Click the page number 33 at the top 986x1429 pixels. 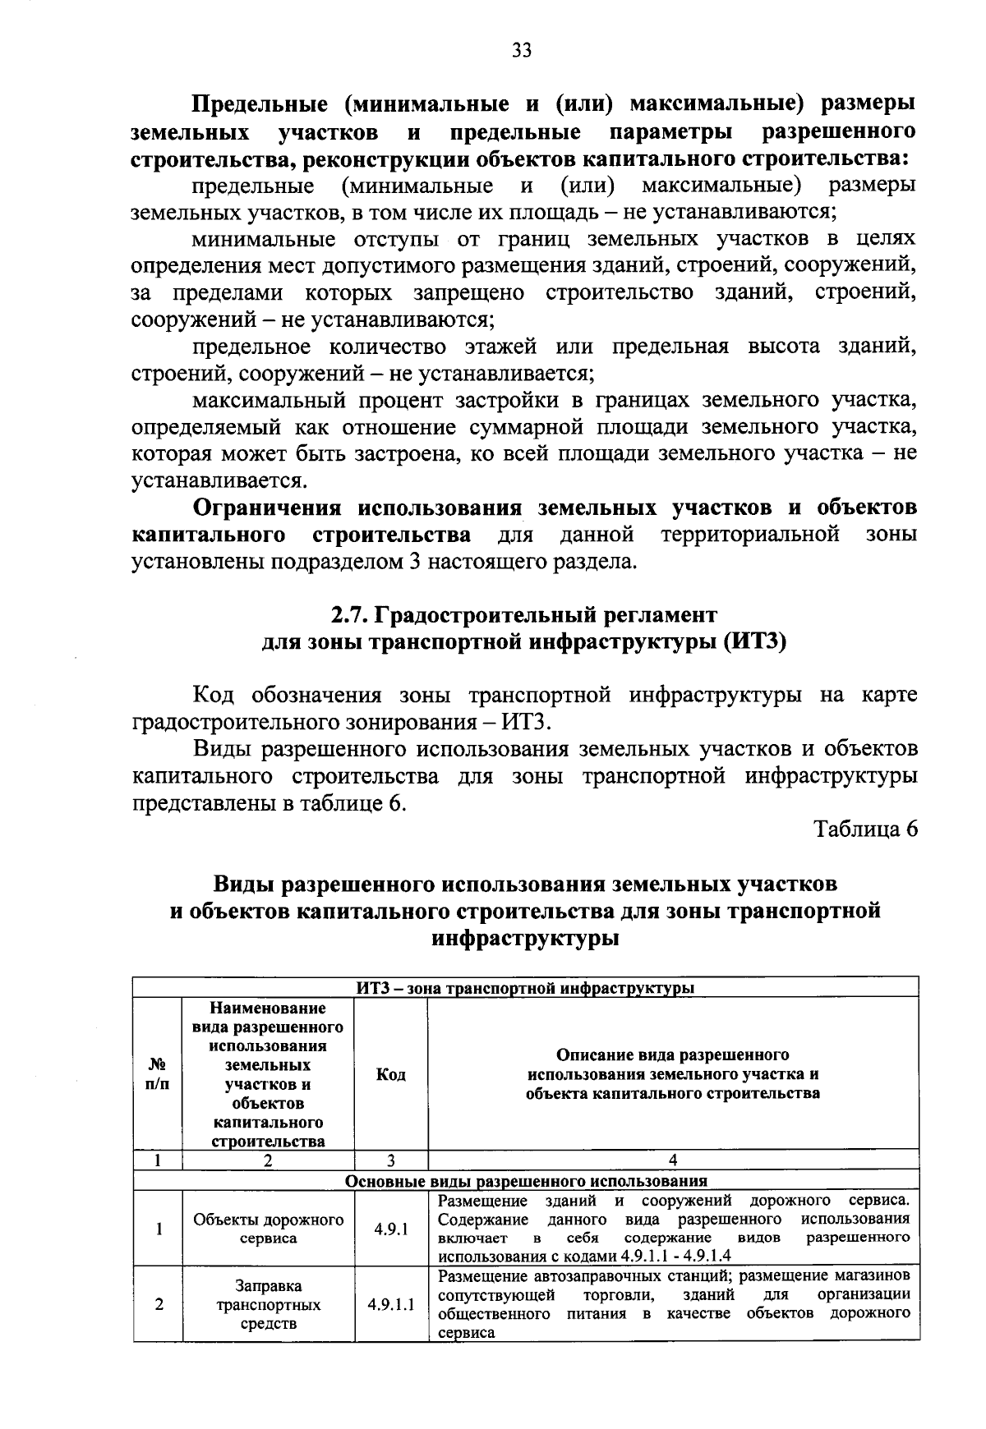[x=521, y=51]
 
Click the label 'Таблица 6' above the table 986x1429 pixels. [x=865, y=829]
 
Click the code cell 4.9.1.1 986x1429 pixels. [x=391, y=1304]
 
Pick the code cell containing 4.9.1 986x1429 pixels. [x=391, y=1229]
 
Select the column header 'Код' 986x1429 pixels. [x=390, y=1074]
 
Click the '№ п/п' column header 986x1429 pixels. [x=157, y=1074]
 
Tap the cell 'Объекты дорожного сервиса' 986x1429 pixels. [x=268, y=1229]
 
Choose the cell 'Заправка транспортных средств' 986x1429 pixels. [x=268, y=1304]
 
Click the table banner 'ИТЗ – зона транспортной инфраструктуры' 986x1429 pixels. [x=525, y=988]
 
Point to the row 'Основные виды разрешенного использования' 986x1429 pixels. [x=525, y=1181]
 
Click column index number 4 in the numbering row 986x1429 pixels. [x=672, y=1160]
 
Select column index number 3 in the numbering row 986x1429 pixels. [x=390, y=1160]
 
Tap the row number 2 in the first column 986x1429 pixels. [x=158, y=1304]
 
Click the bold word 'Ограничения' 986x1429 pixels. [x=268, y=508]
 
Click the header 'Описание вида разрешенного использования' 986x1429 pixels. [x=672, y=1074]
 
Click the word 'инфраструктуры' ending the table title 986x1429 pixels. [x=525, y=938]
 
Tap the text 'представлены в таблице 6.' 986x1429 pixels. [x=270, y=803]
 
